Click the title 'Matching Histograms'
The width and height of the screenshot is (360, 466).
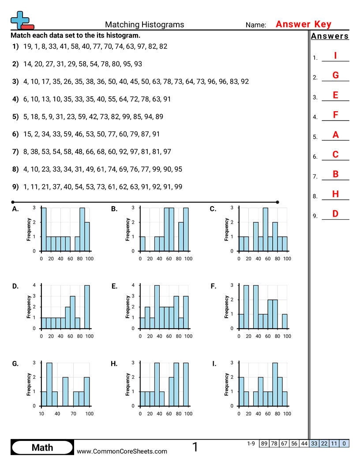(x=144, y=25)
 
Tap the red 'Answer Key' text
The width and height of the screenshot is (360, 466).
(x=303, y=24)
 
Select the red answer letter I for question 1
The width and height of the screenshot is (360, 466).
(x=335, y=56)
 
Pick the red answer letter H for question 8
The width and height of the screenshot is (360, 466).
(x=335, y=194)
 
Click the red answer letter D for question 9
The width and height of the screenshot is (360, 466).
(x=335, y=214)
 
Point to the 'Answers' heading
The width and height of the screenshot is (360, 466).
(x=330, y=36)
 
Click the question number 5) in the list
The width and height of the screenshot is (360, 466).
(x=15, y=116)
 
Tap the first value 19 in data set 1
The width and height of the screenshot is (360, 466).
(x=27, y=46)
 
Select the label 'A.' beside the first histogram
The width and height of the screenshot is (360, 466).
(x=15, y=209)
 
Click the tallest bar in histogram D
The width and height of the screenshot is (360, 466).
(x=87, y=307)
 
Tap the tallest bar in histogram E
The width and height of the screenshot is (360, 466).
(x=157, y=307)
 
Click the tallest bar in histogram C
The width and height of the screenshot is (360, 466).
(x=265, y=229)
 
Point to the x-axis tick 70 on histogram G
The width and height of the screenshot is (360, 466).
(x=73, y=414)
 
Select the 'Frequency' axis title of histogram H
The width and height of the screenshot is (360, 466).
(x=127, y=384)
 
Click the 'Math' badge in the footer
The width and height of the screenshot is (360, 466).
(x=42, y=447)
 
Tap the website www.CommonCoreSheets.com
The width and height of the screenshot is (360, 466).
(x=122, y=451)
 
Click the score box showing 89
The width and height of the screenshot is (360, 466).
(x=264, y=443)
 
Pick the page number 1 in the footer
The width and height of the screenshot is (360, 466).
(x=195, y=447)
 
